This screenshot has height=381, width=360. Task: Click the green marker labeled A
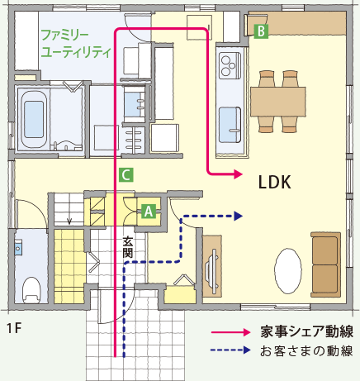[x=149, y=212]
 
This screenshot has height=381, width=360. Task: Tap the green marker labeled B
[x=261, y=31]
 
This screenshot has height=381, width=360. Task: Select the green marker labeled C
[x=126, y=174]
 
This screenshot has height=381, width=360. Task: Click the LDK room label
[x=275, y=182]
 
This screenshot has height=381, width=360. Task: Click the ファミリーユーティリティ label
[x=75, y=44]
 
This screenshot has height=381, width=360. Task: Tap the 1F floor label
[x=14, y=328]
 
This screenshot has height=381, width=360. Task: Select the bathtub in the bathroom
[x=34, y=119]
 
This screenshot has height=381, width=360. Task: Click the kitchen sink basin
[x=230, y=125]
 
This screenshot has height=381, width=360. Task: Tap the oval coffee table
[x=287, y=271]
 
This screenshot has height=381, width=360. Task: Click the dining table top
[x=277, y=102]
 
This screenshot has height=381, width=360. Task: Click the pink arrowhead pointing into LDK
[x=238, y=174]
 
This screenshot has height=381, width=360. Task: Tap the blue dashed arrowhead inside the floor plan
[x=238, y=216]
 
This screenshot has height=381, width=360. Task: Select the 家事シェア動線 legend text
[x=306, y=331]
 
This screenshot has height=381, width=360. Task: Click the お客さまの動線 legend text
[x=306, y=350]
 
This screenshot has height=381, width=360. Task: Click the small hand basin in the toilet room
[x=18, y=248]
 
